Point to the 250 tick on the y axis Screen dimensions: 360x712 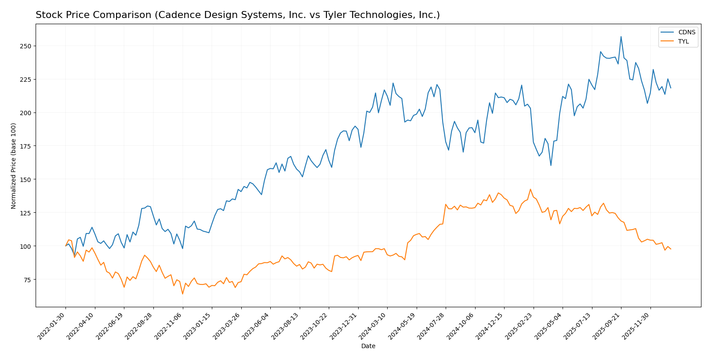[x=26, y=46]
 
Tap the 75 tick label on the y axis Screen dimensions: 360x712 [x=28, y=280]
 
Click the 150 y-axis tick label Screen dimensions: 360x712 [x=26, y=179]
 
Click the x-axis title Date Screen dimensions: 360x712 [x=368, y=346]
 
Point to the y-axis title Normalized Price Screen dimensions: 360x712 [x=14, y=166]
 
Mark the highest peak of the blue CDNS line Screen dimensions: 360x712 [x=621, y=36]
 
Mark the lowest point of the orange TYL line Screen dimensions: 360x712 [x=182, y=294]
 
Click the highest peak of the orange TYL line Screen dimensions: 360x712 [x=530, y=189]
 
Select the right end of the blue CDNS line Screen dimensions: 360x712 [x=671, y=88]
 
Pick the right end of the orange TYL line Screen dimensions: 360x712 [x=671, y=249]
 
